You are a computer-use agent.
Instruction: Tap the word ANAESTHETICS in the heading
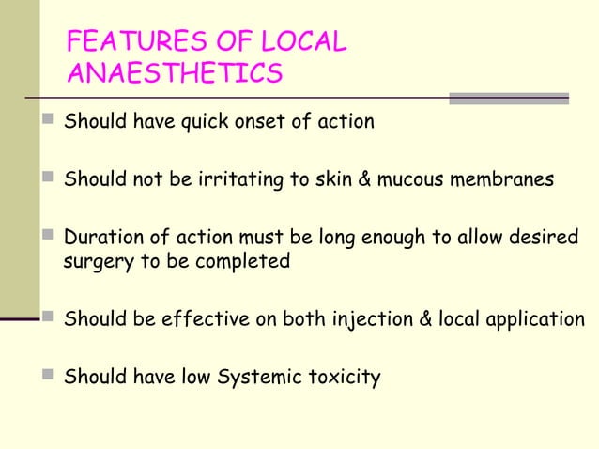pyautogui.click(x=175, y=73)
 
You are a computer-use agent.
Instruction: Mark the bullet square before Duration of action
pyautogui.click(x=49, y=237)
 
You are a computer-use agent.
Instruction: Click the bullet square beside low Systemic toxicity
pyautogui.click(x=49, y=377)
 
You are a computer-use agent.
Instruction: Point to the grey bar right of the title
pyautogui.click(x=508, y=98)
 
